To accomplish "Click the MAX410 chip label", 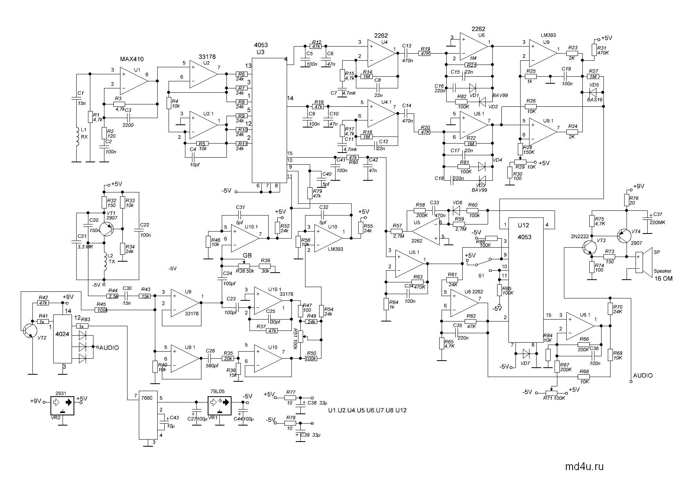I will (132, 59).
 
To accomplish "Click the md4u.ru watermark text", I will (584, 467).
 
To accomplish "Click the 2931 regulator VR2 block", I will (63, 407).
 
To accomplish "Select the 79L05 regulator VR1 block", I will (219, 406).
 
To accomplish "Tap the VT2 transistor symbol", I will (29, 331).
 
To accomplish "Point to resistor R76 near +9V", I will (627, 201).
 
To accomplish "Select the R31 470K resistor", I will (594, 50).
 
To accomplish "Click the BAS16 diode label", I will (595, 100).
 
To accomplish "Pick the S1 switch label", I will (481, 275).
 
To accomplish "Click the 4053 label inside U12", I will (525, 237).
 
